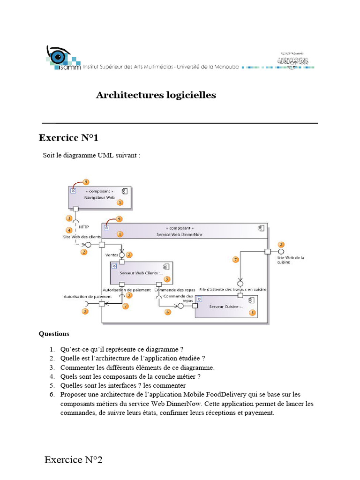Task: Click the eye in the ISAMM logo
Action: click(59, 57)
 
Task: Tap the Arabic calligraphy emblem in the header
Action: click(294, 59)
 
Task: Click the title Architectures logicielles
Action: click(156, 95)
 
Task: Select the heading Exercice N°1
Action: click(68, 138)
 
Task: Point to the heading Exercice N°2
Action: click(73, 459)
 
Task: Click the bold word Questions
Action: click(54, 334)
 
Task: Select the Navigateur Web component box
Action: click(99, 197)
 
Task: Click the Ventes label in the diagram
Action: click(112, 255)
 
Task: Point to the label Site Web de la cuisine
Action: click(291, 260)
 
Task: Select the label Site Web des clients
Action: click(82, 237)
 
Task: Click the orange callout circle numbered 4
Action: click(69, 230)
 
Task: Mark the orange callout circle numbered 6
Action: click(168, 312)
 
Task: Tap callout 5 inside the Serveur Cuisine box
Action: click(252, 313)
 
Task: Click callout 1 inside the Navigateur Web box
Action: click(120, 202)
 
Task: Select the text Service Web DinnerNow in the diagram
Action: click(180, 234)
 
